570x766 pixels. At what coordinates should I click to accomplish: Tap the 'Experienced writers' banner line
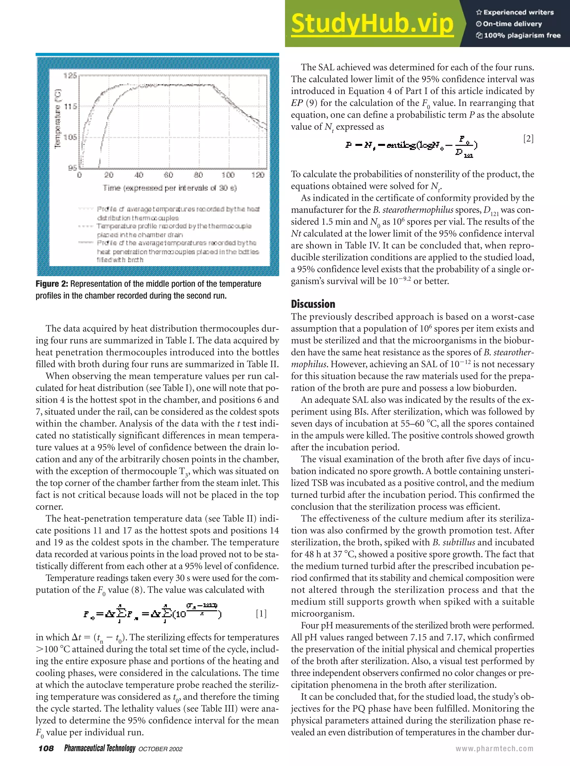pos(515,13)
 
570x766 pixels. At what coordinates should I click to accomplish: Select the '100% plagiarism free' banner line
pos(519,35)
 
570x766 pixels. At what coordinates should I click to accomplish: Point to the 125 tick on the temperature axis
pos(70,75)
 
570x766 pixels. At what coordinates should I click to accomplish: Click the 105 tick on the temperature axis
pos(70,137)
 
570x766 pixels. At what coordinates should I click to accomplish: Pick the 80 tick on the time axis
pos(198,175)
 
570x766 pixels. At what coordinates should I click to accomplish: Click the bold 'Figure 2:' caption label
pos(52,284)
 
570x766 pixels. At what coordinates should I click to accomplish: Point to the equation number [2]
pos(528,138)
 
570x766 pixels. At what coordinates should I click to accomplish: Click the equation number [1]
pos(261,613)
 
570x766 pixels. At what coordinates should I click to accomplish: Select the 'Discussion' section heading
pos(313,304)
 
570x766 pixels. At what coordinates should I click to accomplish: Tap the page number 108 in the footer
pos(46,748)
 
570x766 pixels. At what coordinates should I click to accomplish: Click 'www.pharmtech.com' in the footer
pos(495,748)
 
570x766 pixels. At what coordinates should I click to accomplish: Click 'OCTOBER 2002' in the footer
pos(160,749)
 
